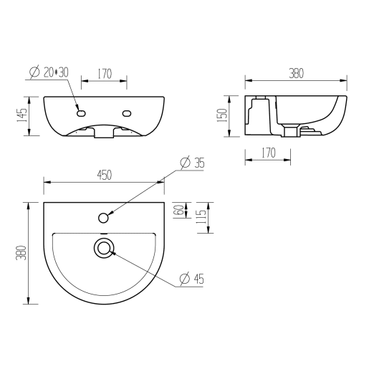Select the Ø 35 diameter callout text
[x=191, y=163]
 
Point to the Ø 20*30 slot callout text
[x=49, y=72]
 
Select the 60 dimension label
[x=178, y=211]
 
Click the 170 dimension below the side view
[x=268, y=153]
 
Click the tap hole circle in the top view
[x=104, y=217]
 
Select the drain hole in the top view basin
[x=104, y=248]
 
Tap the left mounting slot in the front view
[x=80, y=112]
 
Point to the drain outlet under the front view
[x=104, y=133]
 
